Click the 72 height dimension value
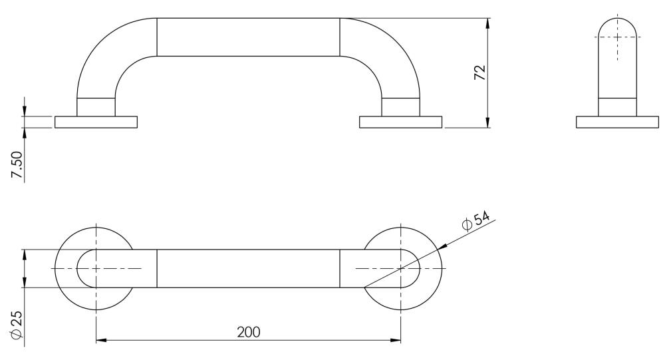(x=480, y=73)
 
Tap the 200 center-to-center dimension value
(x=249, y=331)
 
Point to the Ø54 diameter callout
(x=475, y=220)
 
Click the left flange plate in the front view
(x=96, y=122)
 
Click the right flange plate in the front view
(x=401, y=122)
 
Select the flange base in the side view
(x=618, y=122)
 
